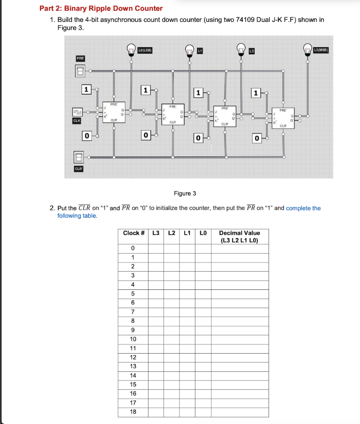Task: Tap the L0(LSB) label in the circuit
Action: click(145, 50)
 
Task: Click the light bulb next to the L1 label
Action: click(190, 50)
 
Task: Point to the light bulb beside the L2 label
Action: click(241, 50)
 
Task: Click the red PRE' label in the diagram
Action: click(80, 59)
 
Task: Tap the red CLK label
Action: click(77, 121)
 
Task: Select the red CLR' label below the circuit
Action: click(79, 169)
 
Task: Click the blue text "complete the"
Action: click(303, 208)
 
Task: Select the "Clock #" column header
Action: click(133, 233)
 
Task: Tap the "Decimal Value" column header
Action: click(240, 233)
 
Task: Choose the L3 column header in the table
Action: click(156, 233)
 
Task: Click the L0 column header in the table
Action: click(203, 233)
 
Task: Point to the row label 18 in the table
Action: click(133, 412)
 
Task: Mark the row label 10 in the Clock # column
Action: click(133, 339)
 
